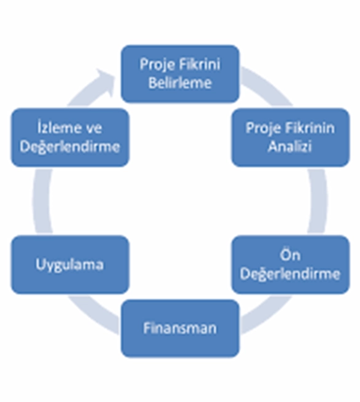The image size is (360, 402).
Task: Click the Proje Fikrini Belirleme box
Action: point(180,74)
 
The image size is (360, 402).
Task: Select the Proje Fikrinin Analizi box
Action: point(291,138)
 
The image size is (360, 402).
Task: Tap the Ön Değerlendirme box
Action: point(291,264)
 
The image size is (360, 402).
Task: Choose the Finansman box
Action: point(180,328)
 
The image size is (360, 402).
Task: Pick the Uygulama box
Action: point(70,264)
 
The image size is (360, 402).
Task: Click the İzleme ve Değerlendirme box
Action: point(70,138)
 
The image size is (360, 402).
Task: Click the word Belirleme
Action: point(180,83)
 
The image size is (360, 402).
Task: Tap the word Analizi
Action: point(290,146)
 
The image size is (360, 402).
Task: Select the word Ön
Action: point(290,255)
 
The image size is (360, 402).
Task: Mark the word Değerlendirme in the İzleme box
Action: point(70,147)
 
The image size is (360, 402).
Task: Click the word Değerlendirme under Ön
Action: point(291,274)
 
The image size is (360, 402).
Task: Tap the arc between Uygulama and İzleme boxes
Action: point(42,201)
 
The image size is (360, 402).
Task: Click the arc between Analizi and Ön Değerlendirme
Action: point(318,201)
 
